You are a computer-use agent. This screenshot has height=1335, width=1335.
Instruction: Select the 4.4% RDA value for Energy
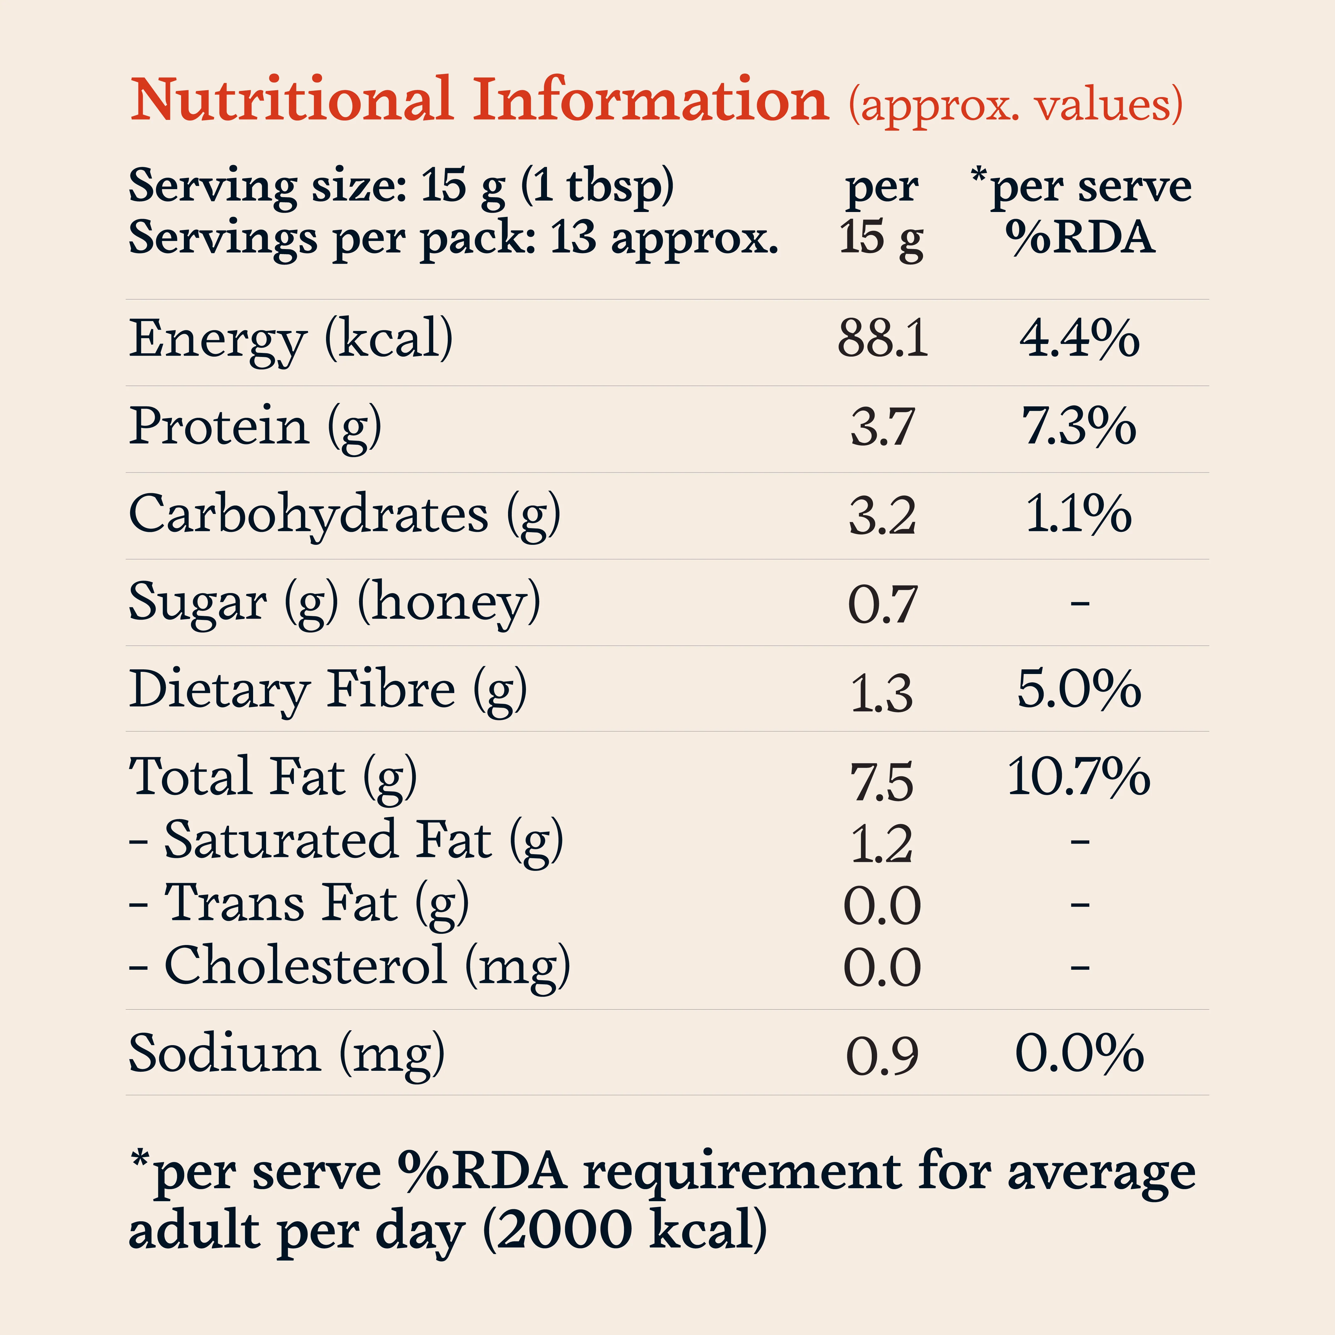[x=1079, y=339]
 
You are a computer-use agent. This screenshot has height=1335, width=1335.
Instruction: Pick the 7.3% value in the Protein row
[x=1079, y=426]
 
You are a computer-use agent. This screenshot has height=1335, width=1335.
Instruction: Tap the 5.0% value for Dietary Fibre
[x=1079, y=689]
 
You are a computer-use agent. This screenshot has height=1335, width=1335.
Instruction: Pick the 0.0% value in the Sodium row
[x=1079, y=1053]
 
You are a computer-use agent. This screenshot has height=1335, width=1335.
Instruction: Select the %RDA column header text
[x=1079, y=238]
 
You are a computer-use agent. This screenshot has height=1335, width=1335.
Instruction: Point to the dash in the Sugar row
[x=1080, y=604]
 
